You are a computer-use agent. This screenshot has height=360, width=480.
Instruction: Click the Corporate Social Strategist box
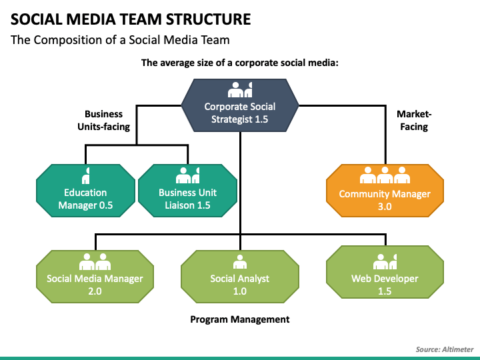[240, 105]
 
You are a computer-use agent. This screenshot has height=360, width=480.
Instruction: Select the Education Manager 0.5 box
[85, 191]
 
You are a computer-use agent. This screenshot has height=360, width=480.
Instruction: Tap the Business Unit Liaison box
[187, 191]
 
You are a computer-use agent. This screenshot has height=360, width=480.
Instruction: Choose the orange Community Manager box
[385, 191]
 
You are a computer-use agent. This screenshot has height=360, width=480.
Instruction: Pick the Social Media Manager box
[95, 277]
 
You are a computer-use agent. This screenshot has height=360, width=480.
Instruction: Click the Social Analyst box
[240, 277]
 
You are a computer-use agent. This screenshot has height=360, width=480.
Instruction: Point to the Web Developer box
[385, 272]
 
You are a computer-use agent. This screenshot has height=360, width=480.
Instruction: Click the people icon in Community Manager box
[385, 175]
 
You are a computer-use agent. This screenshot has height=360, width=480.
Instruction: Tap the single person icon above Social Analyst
[240, 262]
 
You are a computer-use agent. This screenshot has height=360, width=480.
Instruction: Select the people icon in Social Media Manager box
[95, 262]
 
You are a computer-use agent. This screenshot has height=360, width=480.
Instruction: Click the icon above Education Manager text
[86, 175]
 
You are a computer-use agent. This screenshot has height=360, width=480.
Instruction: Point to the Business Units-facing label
[104, 120]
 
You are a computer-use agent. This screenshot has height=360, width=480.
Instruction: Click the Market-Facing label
[414, 120]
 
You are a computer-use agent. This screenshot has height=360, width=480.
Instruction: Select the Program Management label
[240, 319]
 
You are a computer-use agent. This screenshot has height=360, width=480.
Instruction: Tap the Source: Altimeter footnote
[445, 349]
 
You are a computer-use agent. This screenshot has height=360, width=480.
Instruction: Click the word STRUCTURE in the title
[208, 19]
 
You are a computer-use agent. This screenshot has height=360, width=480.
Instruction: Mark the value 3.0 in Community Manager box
[385, 206]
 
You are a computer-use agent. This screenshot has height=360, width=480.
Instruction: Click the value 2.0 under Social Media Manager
[95, 291]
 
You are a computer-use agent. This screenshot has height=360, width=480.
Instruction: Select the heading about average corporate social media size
[240, 63]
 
